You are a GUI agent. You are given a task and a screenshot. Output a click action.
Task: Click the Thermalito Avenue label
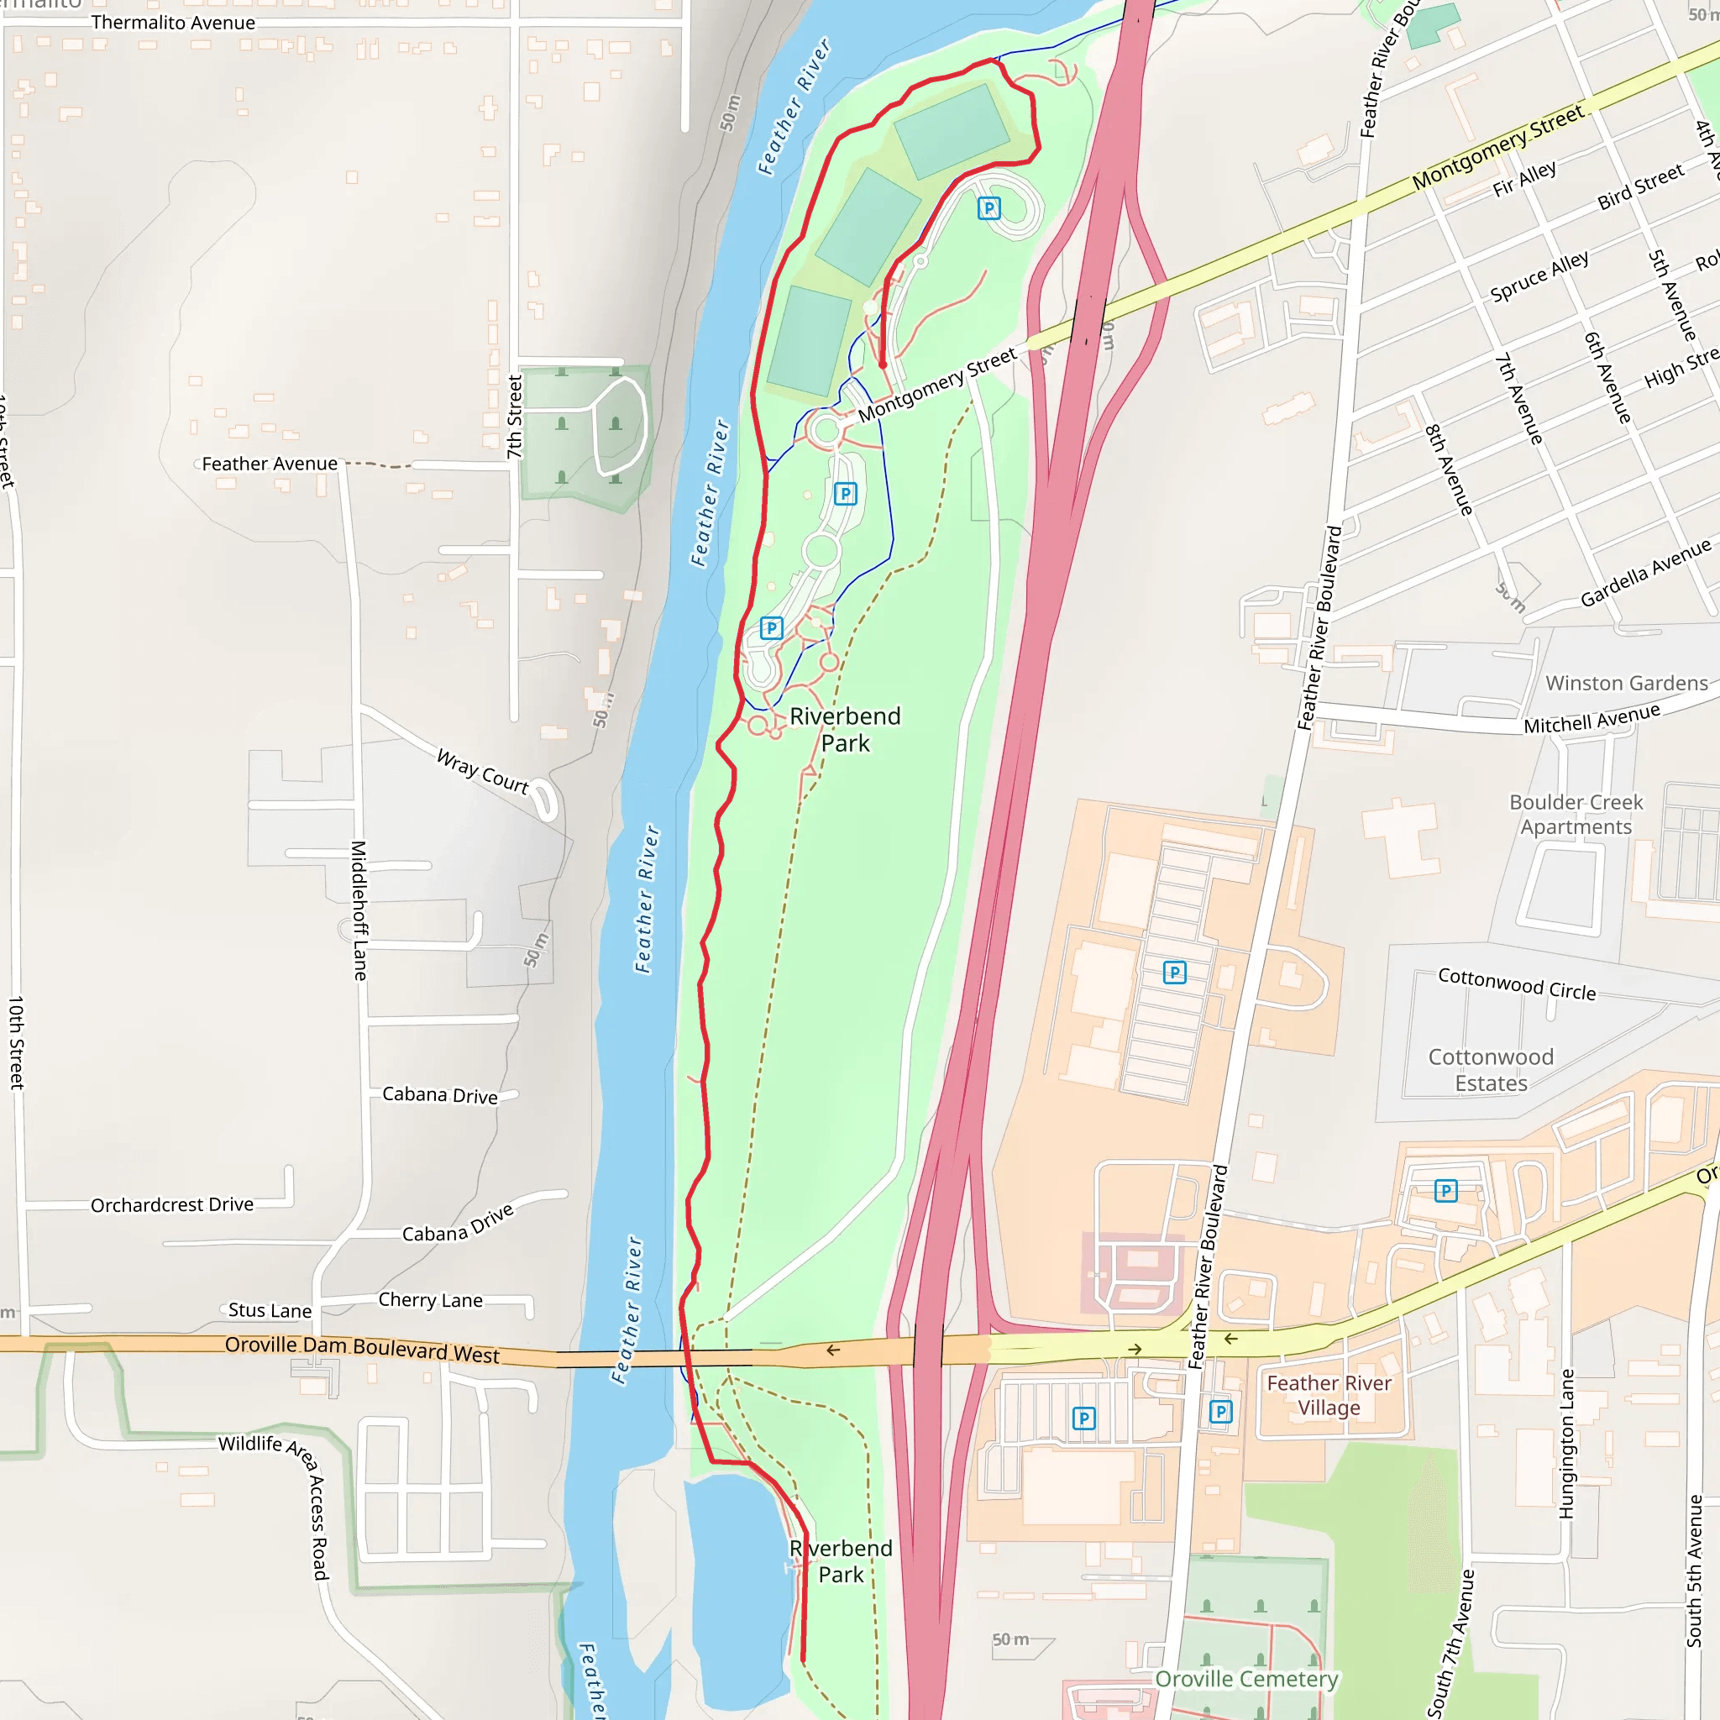pyautogui.click(x=173, y=24)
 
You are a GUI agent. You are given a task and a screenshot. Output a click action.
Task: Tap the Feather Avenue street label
pyautogui.click(x=270, y=464)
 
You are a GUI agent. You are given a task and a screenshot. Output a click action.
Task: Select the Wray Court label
pyautogui.click(x=483, y=771)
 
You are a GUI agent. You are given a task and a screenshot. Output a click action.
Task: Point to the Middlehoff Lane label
pyautogui.click(x=359, y=910)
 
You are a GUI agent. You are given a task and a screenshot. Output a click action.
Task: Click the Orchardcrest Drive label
pyautogui.click(x=172, y=1204)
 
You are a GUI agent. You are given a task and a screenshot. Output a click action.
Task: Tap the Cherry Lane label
pyautogui.click(x=430, y=1300)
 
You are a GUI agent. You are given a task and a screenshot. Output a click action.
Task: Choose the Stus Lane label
pyautogui.click(x=270, y=1309)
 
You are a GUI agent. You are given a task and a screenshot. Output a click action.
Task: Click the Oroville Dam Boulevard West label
pyautogui.click(x=361, y=1349)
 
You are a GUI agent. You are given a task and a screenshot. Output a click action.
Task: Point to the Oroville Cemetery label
pyautogui.click(x=1246, y=1678)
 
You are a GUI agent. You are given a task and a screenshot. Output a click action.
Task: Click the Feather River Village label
pyautogui.click(x=1329, y=1395)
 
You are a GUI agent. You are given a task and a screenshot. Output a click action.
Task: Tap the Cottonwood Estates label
pyautogui.click(x=1492, y=1069)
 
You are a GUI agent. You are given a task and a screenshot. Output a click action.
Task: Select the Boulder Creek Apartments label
pyautogui.click(x=1576, y=814)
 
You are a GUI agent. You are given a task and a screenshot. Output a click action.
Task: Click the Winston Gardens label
pyautogui.click(x=1627, y=683)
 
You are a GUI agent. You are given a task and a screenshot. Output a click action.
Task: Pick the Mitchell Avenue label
pyautogui.click(x=1592, y=717)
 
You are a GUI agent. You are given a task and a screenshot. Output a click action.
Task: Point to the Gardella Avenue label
pyautogui.click(x=1645, y=573)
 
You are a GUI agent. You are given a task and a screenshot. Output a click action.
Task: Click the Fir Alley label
pyautogui.click(x=1525, y=179)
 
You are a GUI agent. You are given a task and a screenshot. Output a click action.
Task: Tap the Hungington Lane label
pyautogui.click(x=1566, y=1443)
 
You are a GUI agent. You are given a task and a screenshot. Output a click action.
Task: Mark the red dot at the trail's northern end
pyautogui.click(x=883, y=364)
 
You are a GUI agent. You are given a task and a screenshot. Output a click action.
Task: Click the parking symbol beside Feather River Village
pyautogui.click(x=1220, y=1411)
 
